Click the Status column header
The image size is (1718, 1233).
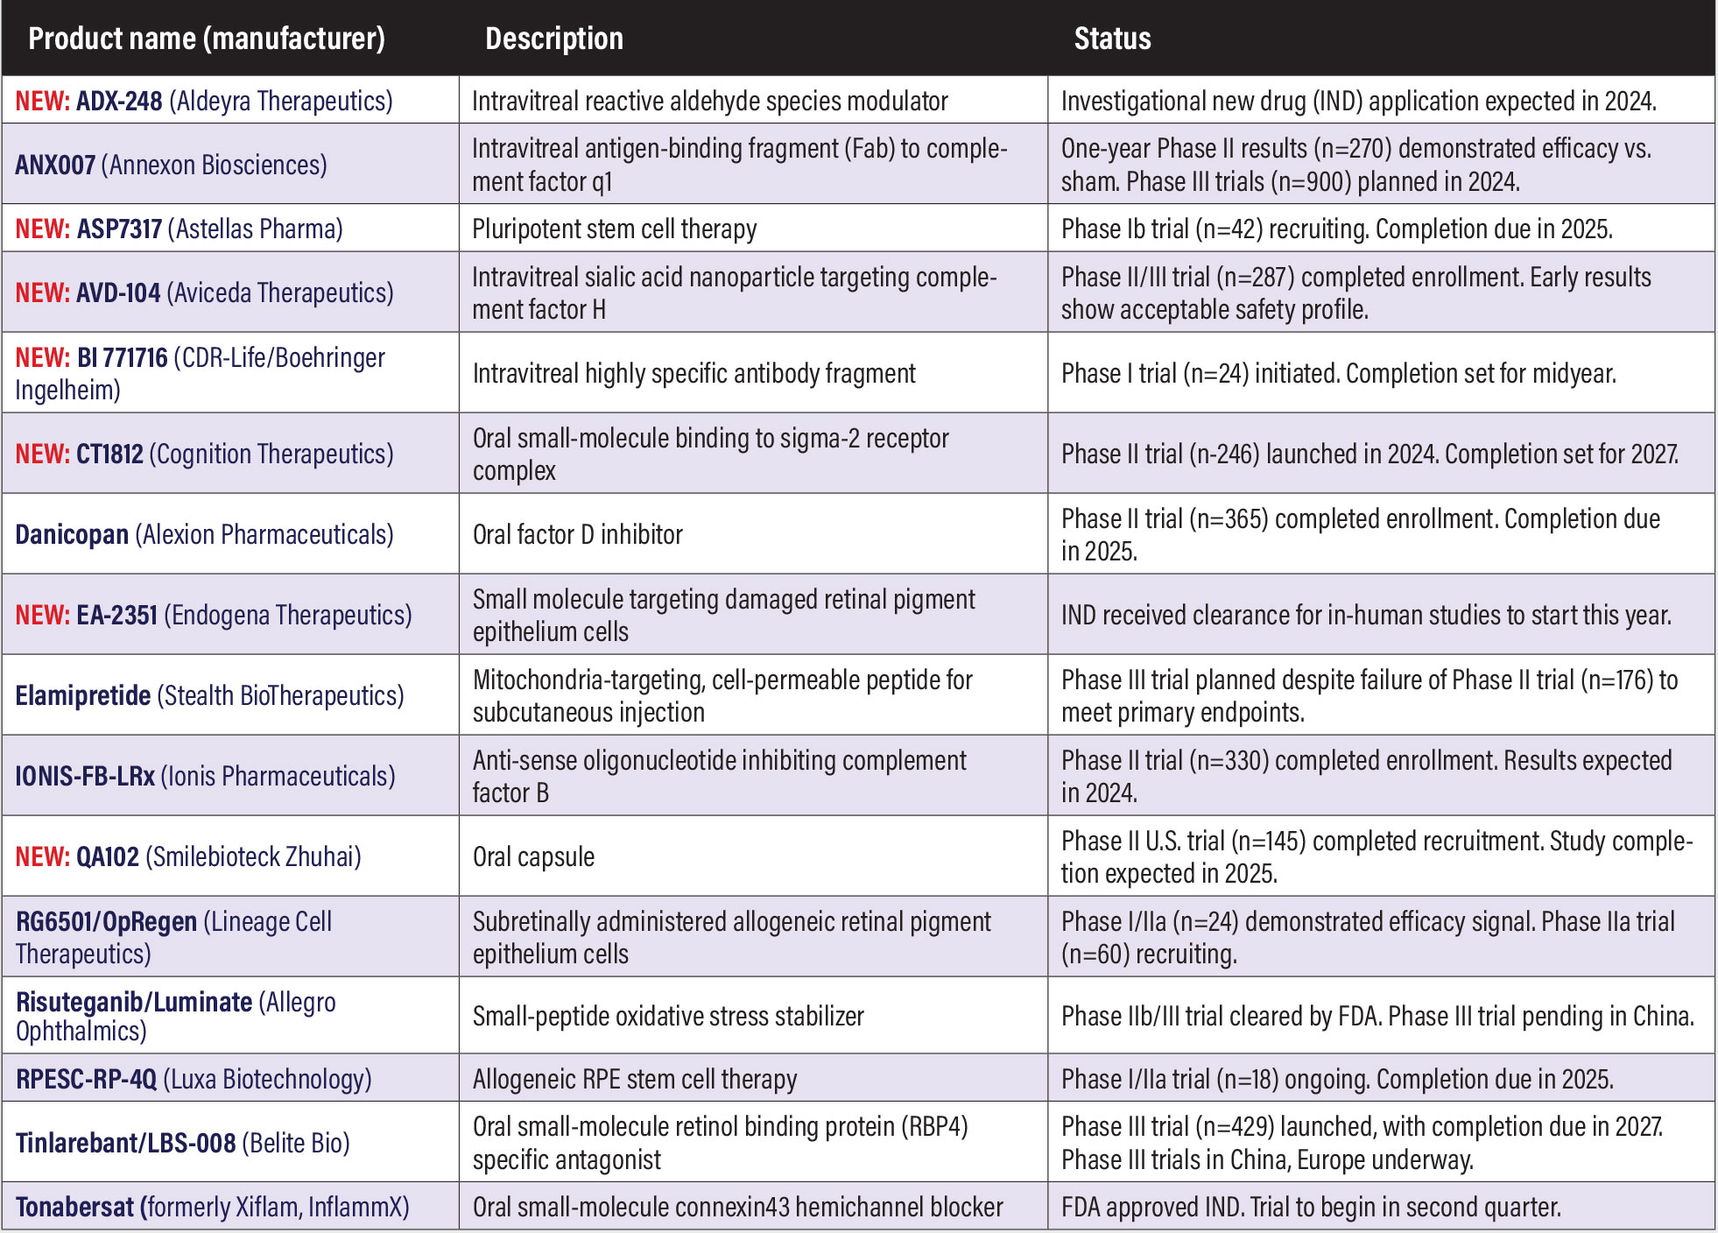(1112, 39)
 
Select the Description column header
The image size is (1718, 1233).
(554, 39)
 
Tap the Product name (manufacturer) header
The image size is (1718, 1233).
(207, 39)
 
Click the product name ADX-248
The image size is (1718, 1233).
(119, 102)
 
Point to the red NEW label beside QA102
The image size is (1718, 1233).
(41, 856)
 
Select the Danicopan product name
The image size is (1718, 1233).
(72, 534)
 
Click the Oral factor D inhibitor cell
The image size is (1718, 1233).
(578, 534)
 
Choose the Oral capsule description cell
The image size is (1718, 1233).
(533, 856)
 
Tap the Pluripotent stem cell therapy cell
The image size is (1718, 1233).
(614, 229)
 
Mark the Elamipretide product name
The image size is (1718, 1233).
(83, 695)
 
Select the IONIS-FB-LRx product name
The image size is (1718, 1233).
(85, 776)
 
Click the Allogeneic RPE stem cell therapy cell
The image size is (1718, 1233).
(635, 1079)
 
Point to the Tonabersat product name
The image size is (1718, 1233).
(74, 1207)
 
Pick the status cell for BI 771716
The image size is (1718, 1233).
(1338, 374)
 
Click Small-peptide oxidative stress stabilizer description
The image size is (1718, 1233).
(668, 1016)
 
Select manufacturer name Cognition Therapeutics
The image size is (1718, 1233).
(271, 454)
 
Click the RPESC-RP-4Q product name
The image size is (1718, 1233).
(86, 1079)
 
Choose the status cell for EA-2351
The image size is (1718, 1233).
(1366, 616)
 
